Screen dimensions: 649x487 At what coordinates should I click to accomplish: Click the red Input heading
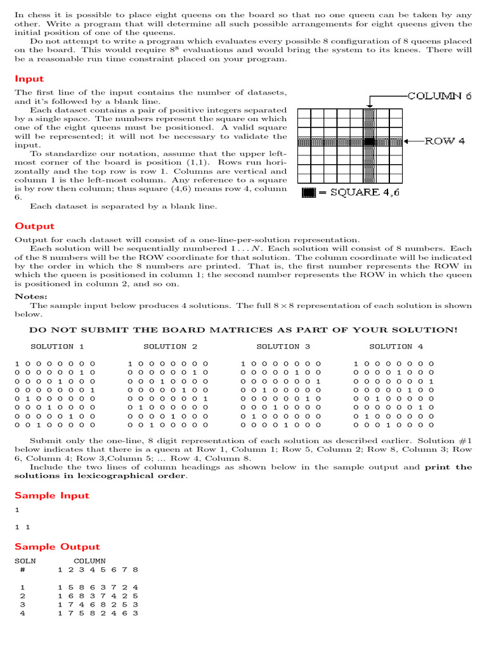(x=29, y=79)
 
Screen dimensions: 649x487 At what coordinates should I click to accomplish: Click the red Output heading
(x=34, y=226)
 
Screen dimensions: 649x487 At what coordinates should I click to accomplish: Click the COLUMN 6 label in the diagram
(x=439, y=96)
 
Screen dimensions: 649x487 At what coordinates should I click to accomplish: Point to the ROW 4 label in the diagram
(x=445, y=141)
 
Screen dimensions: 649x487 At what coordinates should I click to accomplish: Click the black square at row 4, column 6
(x=370, y=141)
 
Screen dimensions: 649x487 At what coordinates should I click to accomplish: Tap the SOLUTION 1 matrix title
(x=57, y=347)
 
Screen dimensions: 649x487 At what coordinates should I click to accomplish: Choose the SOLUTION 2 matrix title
(x=170, y=347)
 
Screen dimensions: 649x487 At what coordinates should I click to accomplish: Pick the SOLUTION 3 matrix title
(x=283, y=347)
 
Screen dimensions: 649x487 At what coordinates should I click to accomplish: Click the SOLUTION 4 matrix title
(x=396, y=347)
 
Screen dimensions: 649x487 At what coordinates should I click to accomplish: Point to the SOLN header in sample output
(x=25, y=561)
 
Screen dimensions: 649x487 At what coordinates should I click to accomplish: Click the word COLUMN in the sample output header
(x=89, y=561)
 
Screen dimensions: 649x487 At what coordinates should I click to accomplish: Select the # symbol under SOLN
(x=23, y=570)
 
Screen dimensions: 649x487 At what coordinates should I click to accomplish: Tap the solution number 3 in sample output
(x=23, y=605)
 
